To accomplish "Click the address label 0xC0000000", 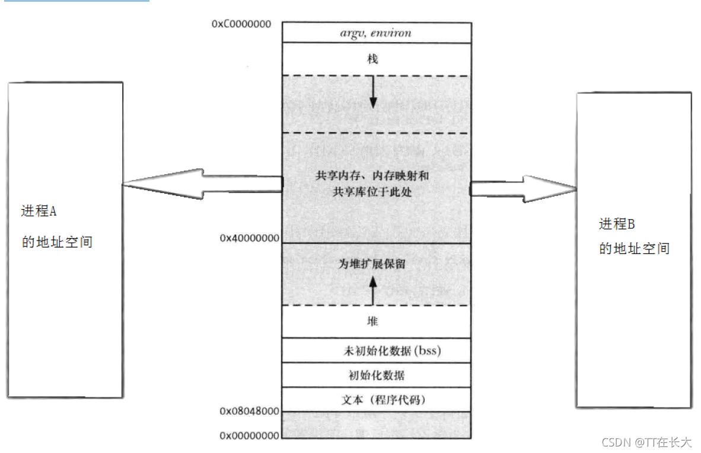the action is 241,24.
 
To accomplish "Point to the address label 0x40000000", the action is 250,238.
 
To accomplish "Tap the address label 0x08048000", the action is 250,411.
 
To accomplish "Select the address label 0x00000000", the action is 250,436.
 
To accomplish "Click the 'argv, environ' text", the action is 375,33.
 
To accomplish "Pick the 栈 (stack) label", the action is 372,59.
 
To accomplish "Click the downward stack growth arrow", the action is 373,92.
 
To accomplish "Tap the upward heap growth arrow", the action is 373,291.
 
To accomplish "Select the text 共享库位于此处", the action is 372,192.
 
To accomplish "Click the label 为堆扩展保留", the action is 372,264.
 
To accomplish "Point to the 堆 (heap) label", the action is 372,322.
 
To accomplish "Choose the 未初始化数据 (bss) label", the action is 392,351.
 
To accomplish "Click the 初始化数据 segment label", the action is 377,375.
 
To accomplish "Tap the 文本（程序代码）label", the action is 384,400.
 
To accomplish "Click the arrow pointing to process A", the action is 202,184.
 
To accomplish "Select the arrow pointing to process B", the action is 524,189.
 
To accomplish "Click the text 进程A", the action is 39,211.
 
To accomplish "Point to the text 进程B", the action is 617,224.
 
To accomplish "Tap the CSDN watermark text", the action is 646,442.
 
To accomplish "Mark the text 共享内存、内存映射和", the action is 372,176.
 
